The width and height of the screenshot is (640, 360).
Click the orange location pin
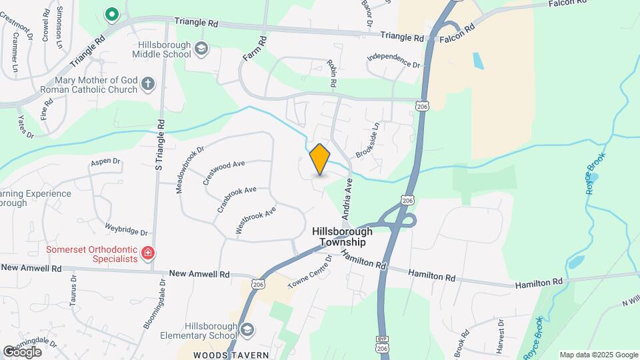click(x=320, y=159)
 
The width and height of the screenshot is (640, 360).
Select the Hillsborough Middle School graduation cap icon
click(x=201, y=48)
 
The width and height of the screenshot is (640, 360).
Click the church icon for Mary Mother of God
click(x=148, y=84)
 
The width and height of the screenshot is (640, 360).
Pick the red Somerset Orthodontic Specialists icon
click(x=148, y=253)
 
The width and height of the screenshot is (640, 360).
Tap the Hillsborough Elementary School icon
click(x=247, y=329)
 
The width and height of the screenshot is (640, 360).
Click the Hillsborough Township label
click(x=343, y=237)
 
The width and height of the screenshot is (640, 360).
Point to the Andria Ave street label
click(x=347, y=199)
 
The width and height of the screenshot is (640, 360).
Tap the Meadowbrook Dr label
click(x=189, y=170)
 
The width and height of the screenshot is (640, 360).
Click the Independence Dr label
click(x=393, y=61)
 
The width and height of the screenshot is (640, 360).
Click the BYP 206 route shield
click(x=382, y=345)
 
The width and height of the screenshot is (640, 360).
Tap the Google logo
click(x=22, y=351)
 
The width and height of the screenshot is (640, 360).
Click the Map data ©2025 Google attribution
click(x=599, y=355)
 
